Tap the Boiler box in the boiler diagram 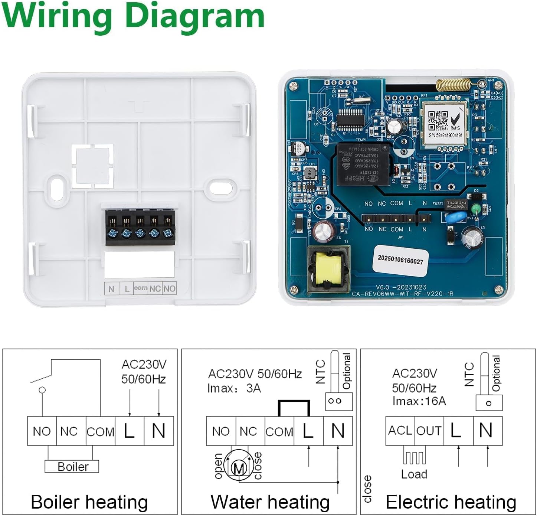pos(72,466)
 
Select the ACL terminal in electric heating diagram pos(400,431)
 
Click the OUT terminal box pos(429,431)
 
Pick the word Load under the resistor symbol pos(414,474)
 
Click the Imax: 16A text pos(419,401)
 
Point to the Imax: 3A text pos(234,388)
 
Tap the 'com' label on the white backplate pos(141,288)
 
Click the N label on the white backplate pos(111,288)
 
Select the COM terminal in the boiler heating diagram pos(100,431)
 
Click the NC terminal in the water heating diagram pos(248,431)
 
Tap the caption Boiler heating pos(89,502)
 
